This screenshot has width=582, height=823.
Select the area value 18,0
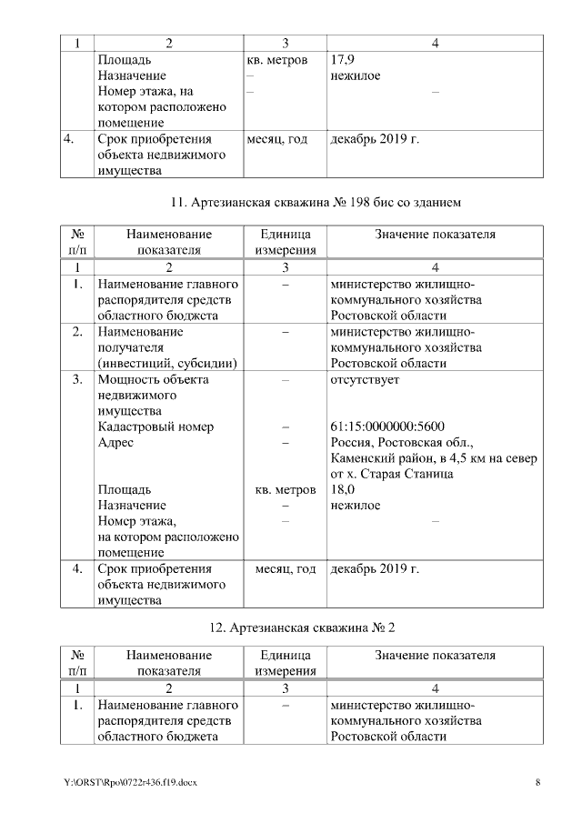[342, 489]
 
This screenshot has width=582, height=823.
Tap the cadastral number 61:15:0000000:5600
[387, 427]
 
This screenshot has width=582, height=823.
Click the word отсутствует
[365, 379]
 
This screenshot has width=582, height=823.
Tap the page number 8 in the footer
[537, 782]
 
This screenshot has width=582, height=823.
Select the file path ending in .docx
[130, 782]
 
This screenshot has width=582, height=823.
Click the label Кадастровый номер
[156, 427]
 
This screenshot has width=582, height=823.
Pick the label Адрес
[115, 443]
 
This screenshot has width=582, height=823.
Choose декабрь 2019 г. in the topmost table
[375, 140]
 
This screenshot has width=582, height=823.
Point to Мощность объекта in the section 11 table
[153, 379]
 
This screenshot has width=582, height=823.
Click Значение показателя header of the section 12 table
[435, 655]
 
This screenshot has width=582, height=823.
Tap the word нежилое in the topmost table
[356, 75]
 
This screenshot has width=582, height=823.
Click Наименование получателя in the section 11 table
[140, 339]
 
